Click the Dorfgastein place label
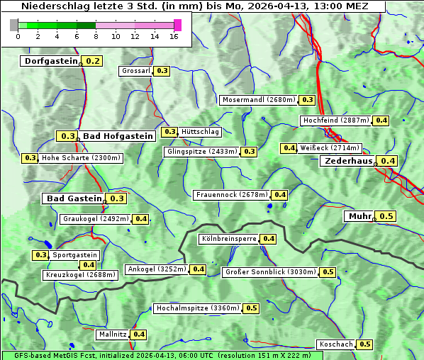point(50,61)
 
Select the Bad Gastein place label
point(74,198)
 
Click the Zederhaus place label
point(348,161)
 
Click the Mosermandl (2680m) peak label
point(259,100)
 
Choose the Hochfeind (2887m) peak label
point(335,120)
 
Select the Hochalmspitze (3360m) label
point(198,308)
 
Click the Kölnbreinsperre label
point(228,239)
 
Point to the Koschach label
point(336,344)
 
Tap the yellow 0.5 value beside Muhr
point(386,216)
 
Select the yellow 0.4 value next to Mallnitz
point(139,334)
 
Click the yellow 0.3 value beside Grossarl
point(162,71)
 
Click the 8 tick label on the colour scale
point(96,36)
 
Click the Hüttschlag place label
point(201,132)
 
